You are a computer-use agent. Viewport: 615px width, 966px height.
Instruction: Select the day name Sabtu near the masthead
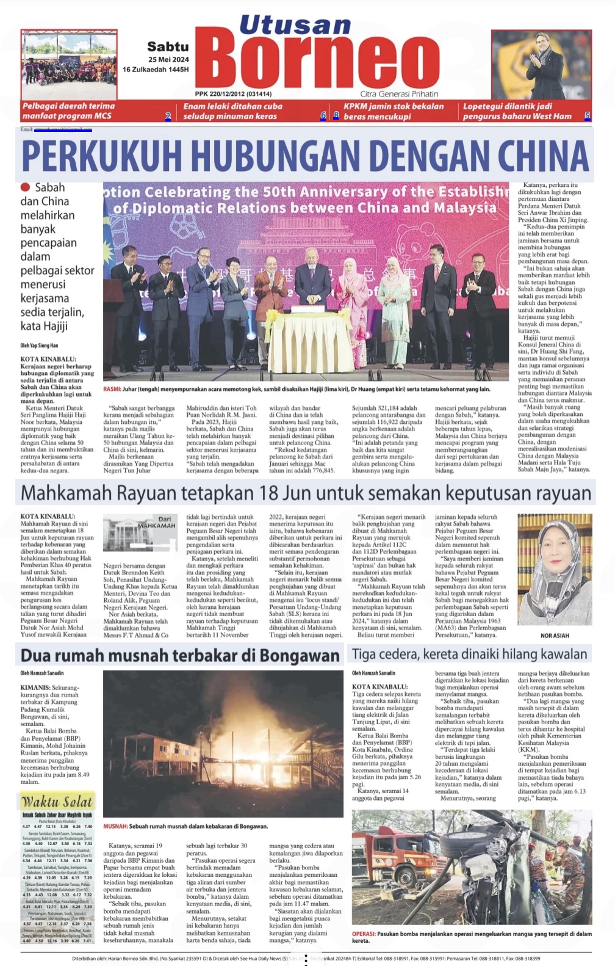point(168,46)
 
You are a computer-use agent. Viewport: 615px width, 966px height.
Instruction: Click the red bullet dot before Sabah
point(25,187)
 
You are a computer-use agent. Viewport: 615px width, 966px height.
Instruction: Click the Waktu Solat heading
point(57,802)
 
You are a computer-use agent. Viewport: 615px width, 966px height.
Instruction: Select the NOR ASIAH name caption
point(555,636)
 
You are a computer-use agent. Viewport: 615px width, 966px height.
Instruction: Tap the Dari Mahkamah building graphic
point(139,534)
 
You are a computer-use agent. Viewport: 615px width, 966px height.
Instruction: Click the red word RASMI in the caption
point(112,389)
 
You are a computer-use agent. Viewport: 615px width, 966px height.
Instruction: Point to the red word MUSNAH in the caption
point(115,826)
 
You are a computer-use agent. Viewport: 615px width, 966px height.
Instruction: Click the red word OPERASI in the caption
point(364,934)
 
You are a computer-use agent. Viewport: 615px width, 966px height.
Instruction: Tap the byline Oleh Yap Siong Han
point(40,346)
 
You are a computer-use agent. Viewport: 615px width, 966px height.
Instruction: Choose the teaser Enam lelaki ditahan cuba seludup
point(232,111)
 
